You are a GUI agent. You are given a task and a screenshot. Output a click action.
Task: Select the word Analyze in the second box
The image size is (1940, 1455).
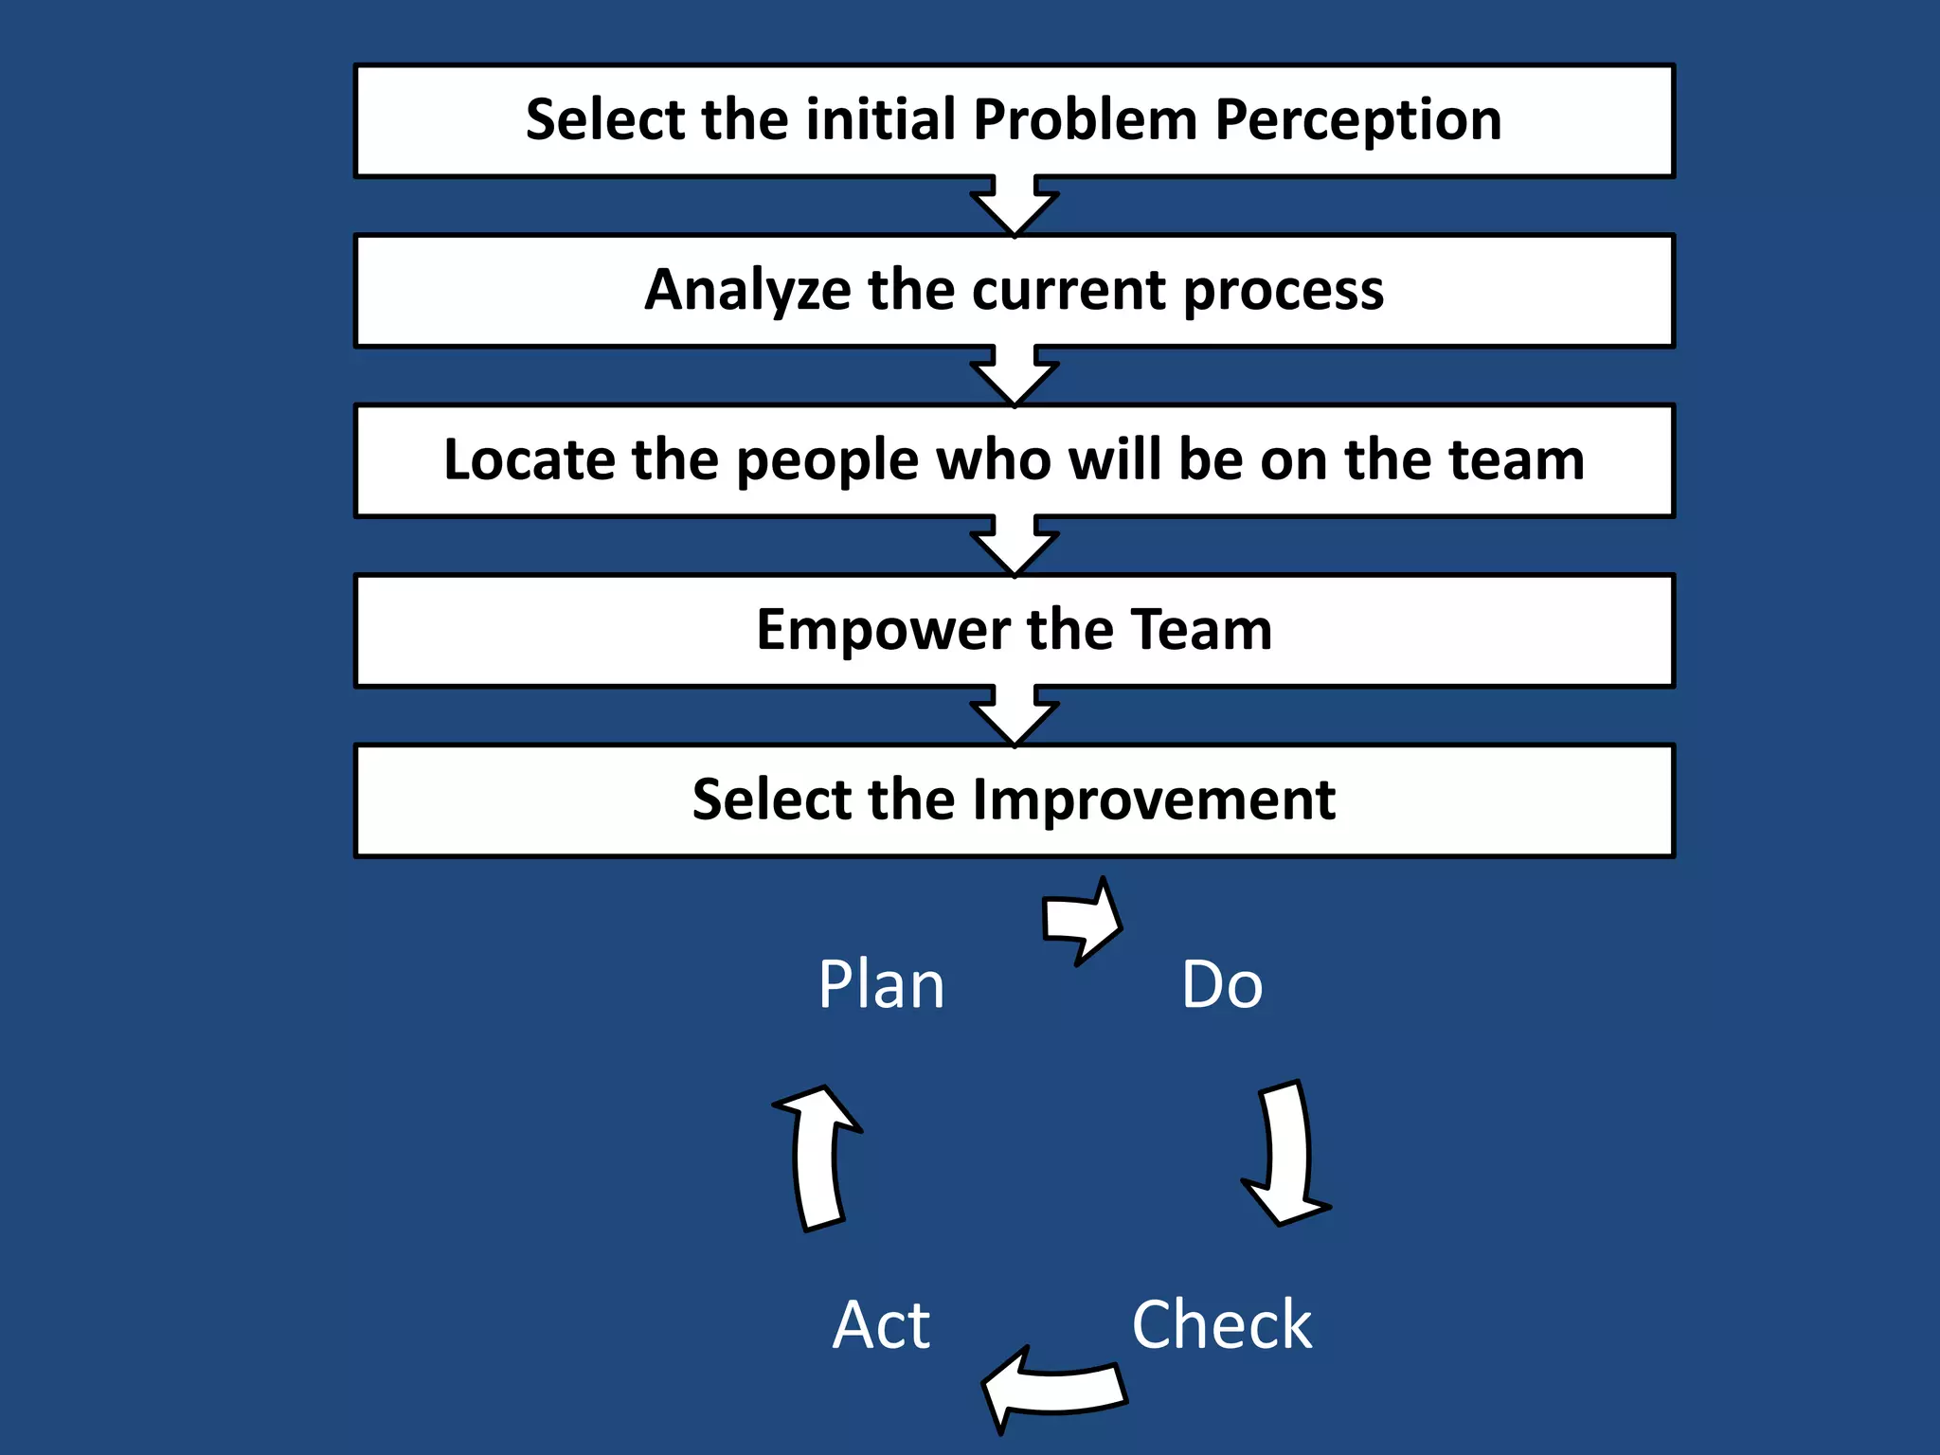point(747,290)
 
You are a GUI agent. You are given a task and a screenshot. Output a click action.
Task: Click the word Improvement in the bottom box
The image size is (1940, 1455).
point(1154,800)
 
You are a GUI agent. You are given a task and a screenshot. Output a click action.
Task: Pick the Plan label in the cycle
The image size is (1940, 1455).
point(881,985)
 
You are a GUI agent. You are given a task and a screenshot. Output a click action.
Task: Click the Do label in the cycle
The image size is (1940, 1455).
point(1222,985)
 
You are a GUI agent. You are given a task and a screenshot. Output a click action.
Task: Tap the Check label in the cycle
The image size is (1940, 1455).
point(1222,1324)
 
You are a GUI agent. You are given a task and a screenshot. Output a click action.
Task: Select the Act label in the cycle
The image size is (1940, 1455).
point(881,1324)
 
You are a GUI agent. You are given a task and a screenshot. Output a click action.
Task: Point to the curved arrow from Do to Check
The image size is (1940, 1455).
point(1288,1156)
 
